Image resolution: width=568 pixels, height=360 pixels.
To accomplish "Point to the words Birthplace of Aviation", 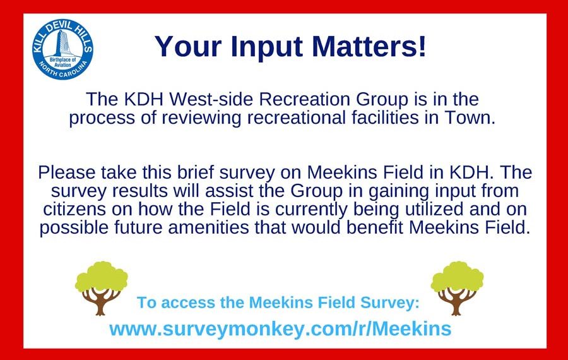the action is point(62,62).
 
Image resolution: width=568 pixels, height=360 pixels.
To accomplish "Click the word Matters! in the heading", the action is point(369,46).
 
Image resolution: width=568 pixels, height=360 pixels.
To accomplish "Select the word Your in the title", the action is point(188,46).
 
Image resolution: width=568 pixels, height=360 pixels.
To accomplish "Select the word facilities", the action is point(386,118).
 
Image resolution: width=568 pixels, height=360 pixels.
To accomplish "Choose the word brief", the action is point(196,172).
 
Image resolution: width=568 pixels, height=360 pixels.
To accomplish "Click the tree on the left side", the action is point(101,288).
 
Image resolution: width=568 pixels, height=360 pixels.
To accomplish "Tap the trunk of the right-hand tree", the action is point(456,302).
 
